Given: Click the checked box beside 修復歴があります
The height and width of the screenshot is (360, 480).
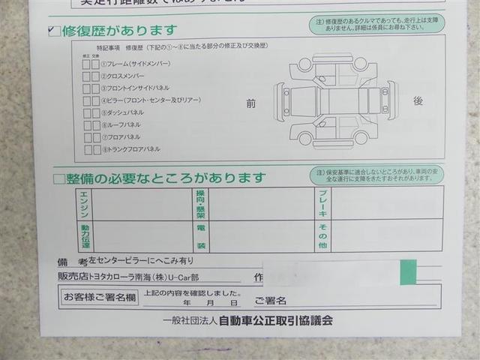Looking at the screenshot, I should pyautogui.click(x=52, y=31).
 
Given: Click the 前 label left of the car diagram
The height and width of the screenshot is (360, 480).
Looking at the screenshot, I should pyautogui.click(x=250, y=103).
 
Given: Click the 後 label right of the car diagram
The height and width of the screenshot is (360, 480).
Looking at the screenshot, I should pyautogui.click(x=418, y=100).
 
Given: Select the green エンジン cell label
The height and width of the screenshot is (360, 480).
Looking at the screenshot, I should pyautogui.click(x=83, y=202).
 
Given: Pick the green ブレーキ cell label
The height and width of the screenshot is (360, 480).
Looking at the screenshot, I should pyautogui.click(x=322, y=202).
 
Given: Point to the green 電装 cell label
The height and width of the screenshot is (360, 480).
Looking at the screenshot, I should pyautogui.click(x=201, y=235).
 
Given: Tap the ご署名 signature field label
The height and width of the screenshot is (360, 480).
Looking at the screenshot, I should pyautogui.click(x=270, y=301).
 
